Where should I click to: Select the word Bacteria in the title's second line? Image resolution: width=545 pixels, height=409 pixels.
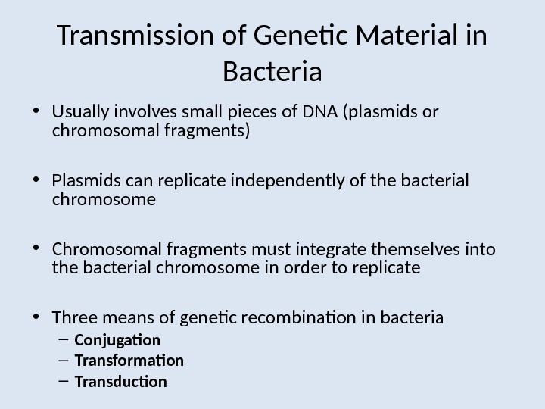point(272,73)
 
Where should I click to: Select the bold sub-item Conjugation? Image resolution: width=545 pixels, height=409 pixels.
point(117,340)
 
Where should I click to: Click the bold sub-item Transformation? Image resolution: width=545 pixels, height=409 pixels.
point(129,361)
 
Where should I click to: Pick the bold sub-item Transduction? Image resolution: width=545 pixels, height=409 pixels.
point(120,382)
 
